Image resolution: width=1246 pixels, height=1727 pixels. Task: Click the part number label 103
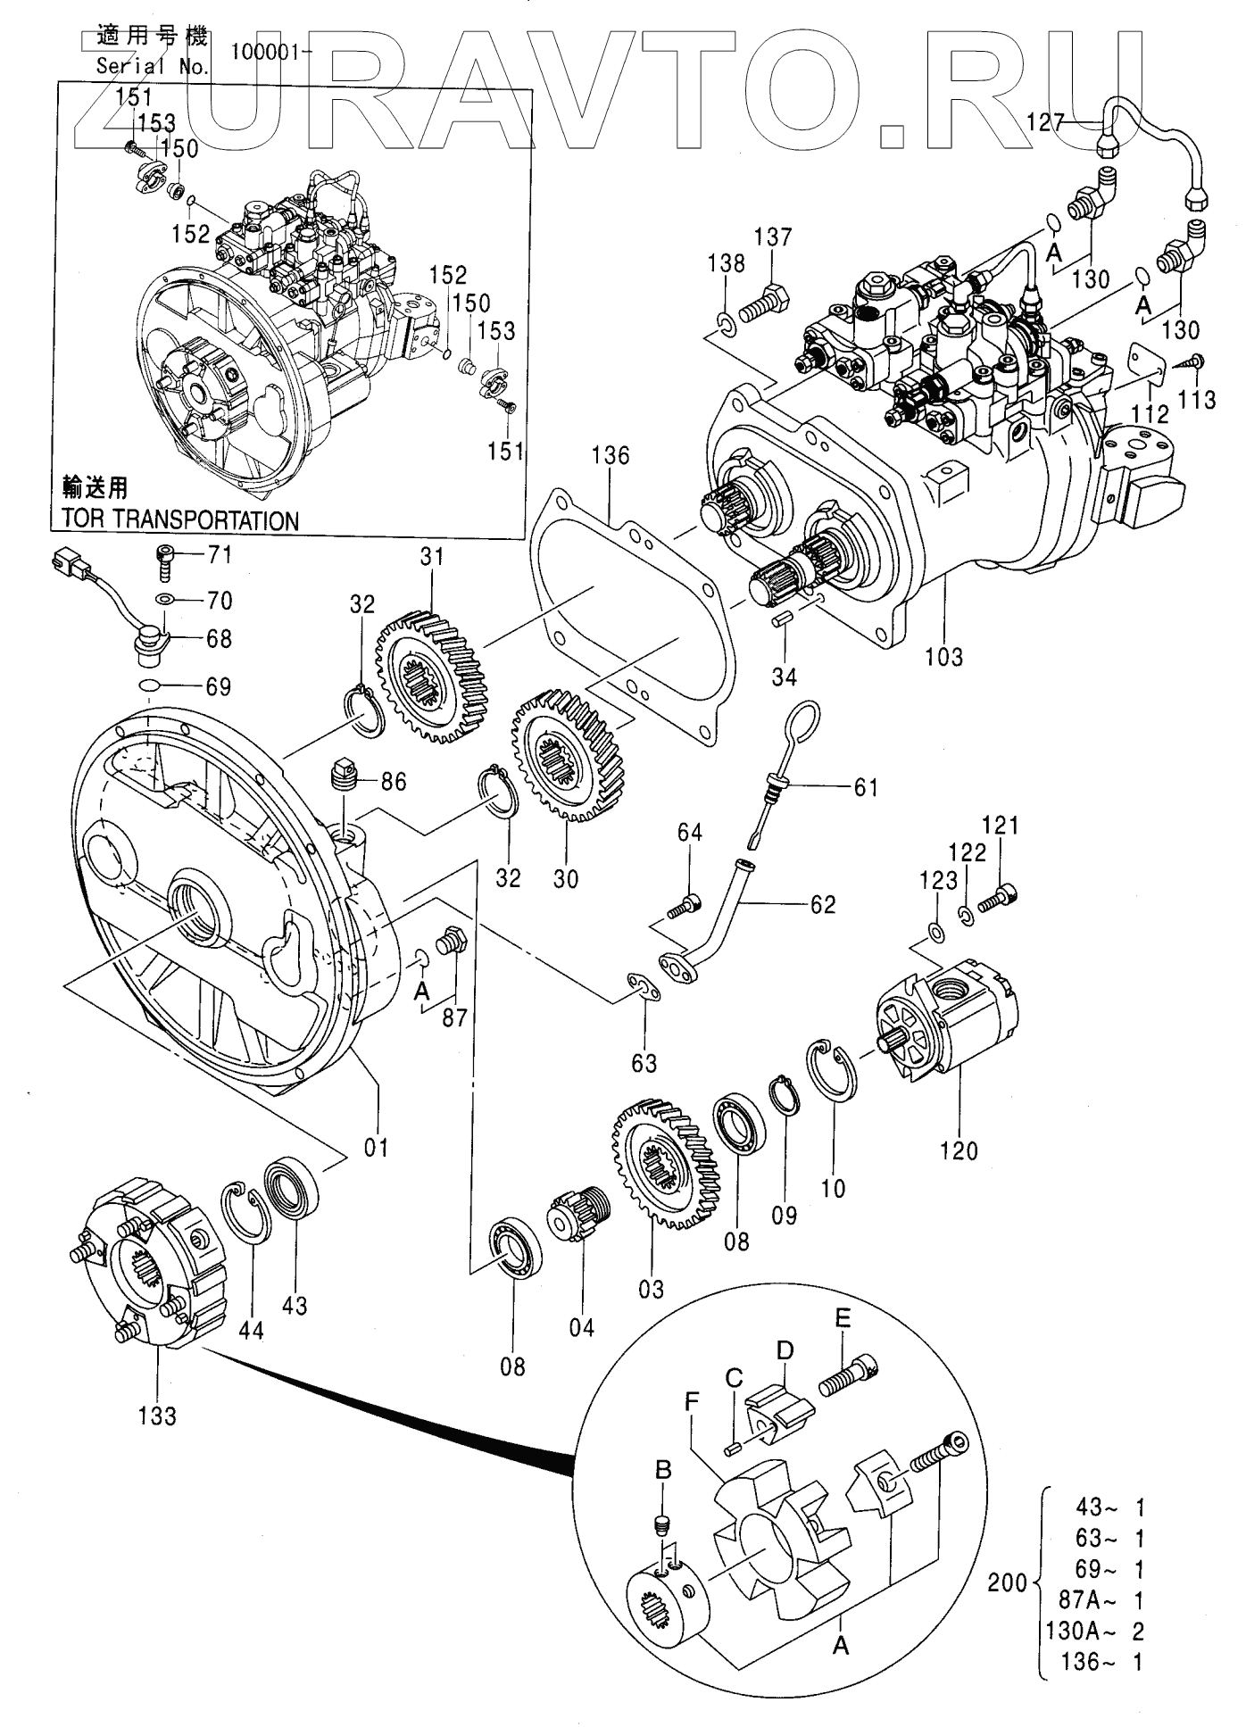(x=943, y=657)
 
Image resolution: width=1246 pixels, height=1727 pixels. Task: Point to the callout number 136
(x=611, y=456)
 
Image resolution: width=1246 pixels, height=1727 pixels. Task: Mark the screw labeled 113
(x=1192, y=361)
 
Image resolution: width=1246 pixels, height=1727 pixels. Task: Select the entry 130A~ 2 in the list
(x=1094, y=1631)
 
